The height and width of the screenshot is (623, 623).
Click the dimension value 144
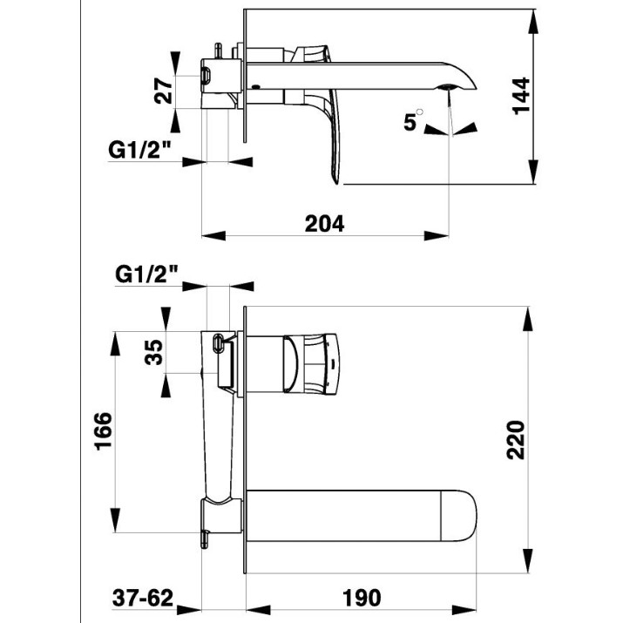[522, 96]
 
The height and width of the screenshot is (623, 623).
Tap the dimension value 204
[325, 224]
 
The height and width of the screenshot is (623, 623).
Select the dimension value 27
[163, 91]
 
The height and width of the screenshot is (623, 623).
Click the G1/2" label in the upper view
[139, 150]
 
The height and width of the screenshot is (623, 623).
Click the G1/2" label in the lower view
[146, 274]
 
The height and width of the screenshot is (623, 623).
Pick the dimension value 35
[153, 352]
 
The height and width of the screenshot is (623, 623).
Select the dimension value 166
[104, 431]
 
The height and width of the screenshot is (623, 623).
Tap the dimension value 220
[516, 440]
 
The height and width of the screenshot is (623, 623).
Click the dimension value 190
[362, 597]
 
